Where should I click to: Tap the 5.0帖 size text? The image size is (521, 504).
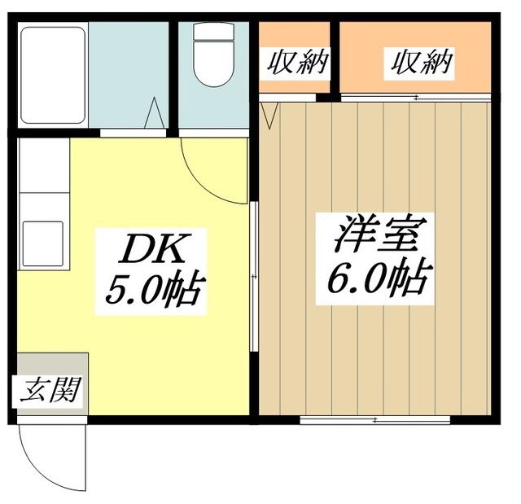point(154,289)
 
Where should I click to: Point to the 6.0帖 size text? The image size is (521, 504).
point(377,278)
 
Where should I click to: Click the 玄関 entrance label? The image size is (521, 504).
point(51,392)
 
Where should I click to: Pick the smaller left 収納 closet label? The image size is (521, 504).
point(294,62)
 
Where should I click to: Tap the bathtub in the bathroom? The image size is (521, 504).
point(53,74)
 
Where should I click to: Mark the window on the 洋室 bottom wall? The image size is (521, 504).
point(374,419)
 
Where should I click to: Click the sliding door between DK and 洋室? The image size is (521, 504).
point(254,277)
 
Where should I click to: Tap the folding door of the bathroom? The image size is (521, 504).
point(154,113)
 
